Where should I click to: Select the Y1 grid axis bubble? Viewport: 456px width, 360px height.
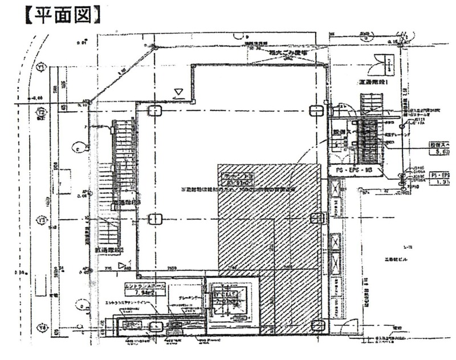tap(41, 68)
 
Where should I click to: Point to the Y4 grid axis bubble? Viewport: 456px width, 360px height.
tap(41, 328)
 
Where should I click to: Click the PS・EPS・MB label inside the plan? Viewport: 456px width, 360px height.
tap(353, 171)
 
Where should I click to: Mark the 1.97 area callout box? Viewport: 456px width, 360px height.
tap(441, 181)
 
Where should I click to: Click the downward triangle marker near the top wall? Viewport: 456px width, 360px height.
tap(178, 91)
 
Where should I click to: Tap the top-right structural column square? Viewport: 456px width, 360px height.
tap(315, 111)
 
